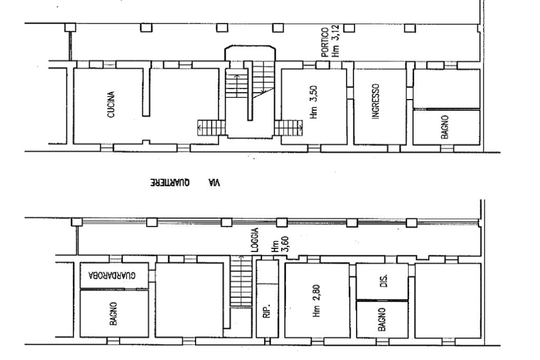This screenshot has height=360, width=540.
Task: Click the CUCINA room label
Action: click(x=111, y=105)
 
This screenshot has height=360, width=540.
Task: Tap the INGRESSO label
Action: click(x=375, y=102)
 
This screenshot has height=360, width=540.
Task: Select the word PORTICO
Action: click(x=325, y=42)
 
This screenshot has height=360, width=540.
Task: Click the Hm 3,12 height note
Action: click(x=335, y=41)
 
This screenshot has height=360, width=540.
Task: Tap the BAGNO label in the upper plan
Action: click(x=445, y=127)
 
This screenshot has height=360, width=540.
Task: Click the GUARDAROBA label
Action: click(x=112, y=275)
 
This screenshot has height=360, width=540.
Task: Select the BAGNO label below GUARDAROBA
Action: click(x=113, y=314)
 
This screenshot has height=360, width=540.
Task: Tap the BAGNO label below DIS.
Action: click(x=382, y=319)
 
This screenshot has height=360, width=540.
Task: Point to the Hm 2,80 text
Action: click(x=317, y=301)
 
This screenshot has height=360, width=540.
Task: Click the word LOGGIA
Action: click(x=255, y=240)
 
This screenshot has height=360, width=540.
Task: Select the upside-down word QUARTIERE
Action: click(x=170, y=183)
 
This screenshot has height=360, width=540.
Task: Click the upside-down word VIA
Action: click(x=214, y=183)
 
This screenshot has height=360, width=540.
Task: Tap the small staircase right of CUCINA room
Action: click(x=211, y=128)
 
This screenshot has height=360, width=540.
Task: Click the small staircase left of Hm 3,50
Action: click(x=288, y=128)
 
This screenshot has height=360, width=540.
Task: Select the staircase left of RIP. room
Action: click(x=241, y=281)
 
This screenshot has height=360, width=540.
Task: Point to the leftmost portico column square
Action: click(x=70, y=27)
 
